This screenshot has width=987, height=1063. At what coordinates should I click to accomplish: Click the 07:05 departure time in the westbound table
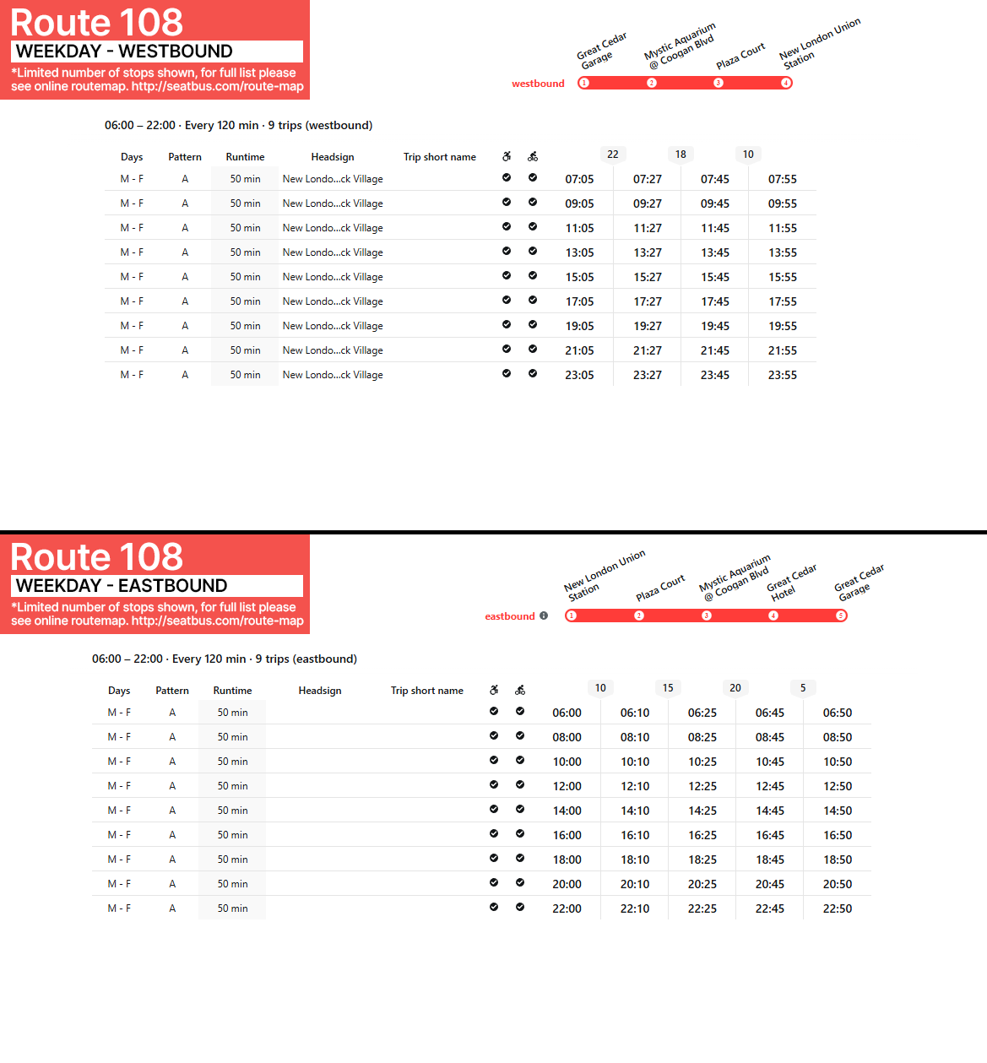coord(579,179)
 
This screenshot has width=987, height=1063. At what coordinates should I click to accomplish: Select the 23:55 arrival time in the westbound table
coord(782,375)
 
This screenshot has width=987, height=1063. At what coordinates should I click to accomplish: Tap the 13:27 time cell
coord(648,252)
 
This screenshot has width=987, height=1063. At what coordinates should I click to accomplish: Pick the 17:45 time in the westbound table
coord(714,301)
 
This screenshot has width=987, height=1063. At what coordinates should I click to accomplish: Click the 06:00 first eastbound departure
coord(567,713)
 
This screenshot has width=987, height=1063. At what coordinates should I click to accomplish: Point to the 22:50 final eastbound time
coord(837,908)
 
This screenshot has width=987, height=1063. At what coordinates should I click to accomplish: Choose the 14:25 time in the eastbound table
coord(702,811)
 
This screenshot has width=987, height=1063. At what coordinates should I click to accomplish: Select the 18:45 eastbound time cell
coord(769,860)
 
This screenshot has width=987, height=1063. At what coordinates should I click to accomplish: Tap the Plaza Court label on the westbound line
coord(740,57)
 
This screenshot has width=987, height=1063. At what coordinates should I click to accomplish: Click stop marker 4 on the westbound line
coord(785,83)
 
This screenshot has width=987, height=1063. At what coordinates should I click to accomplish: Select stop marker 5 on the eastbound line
coord(840,616)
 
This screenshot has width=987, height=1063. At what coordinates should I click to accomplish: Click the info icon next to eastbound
coord(544,616)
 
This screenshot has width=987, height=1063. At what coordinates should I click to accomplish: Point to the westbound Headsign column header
coord(333,157)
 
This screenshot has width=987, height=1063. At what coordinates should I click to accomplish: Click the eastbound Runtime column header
coord(232,691)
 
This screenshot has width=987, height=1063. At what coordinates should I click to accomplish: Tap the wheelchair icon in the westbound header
coord(507,156)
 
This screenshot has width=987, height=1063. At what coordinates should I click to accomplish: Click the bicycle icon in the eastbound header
coord(520,690)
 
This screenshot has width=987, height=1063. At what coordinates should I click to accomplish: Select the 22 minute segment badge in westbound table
coord(613,155)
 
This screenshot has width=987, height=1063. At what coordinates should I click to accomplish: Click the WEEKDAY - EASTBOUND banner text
coord(122,586)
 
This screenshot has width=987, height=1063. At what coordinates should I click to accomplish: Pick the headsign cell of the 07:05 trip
coord(333,179)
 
